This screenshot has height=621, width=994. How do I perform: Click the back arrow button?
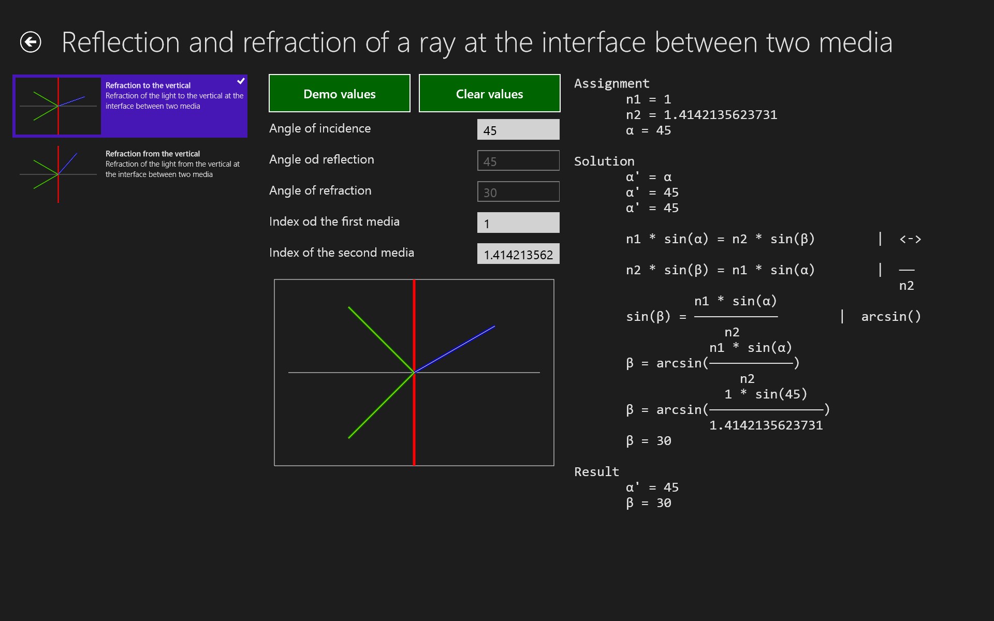click(x=31, y=42)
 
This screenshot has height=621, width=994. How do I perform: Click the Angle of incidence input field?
click(x=518, y=130)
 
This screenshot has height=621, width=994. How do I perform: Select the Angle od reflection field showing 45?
click(x=518, y=161)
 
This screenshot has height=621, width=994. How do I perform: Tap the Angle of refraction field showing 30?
click(x=518, y=192)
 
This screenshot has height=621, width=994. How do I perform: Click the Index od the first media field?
click(x=518, y=223)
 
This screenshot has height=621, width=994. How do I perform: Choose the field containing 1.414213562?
click(x=518, y=254)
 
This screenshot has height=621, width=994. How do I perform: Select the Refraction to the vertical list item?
click(x=129, y=106)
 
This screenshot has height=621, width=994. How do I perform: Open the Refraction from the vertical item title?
click(x=153, y=154)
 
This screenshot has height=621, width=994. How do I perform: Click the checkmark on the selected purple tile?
click(x=241, y=81)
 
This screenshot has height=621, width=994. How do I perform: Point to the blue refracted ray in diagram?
click(x=456, y=349)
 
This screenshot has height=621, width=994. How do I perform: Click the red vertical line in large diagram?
click(x=414, y=424)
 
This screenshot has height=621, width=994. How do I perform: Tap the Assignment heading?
click(x=611, y=83)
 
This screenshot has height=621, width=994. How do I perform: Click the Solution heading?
click(x=604, y=161)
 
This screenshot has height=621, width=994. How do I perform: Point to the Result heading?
click(x=596, y=471)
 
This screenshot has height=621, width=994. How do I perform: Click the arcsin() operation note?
click(x=890, y=316)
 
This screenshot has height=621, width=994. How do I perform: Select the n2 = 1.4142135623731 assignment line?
click(x=701, y=114)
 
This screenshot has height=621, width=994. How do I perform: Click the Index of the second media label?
click(x=342, y=253)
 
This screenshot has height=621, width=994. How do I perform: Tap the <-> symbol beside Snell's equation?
click(x=910, y=239)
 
